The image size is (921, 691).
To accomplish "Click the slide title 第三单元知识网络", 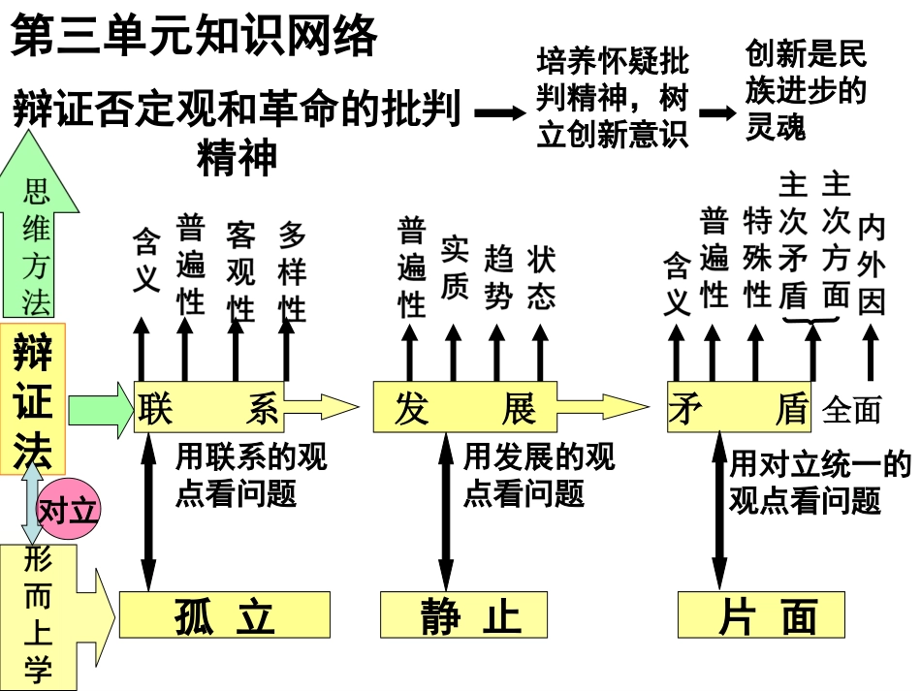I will [x=194, y=39].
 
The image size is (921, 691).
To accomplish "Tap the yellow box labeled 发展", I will [x=465, y=408].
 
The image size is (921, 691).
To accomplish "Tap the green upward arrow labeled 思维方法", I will [x=36, y=242].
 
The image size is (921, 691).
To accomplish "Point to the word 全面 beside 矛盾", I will [x=852, y=410].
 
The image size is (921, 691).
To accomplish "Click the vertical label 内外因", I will [x=871, y=265].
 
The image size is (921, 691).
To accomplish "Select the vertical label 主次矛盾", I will [x=793, y=242].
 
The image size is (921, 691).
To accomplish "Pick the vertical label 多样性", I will [x=292, y=271].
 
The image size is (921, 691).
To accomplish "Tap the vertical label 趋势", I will [x=497, y=276].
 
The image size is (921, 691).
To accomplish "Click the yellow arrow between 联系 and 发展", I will [x=320, y=407].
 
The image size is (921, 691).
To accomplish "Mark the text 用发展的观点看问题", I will [x=538, y=475].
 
